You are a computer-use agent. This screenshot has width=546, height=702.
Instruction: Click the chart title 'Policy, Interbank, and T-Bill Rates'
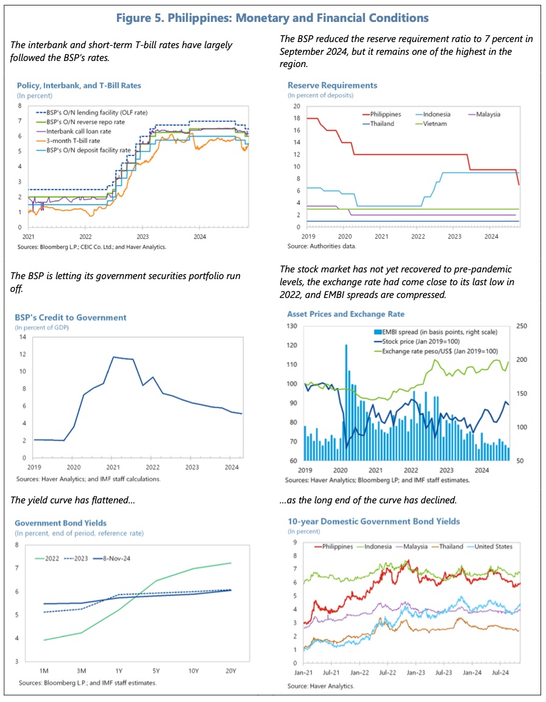coord(79,85)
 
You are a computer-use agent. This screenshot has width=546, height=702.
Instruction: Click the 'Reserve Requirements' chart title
coord(332,85)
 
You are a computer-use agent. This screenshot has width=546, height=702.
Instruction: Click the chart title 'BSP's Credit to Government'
coord(70,317)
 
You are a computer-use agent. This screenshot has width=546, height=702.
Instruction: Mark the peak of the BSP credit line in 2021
coord(113,357)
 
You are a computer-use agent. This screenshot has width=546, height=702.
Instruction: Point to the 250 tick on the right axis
coord(522,327)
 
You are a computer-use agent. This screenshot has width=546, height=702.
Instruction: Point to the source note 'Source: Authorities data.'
coord(321,246)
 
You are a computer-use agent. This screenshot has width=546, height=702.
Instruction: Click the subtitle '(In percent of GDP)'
coord(41,328)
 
